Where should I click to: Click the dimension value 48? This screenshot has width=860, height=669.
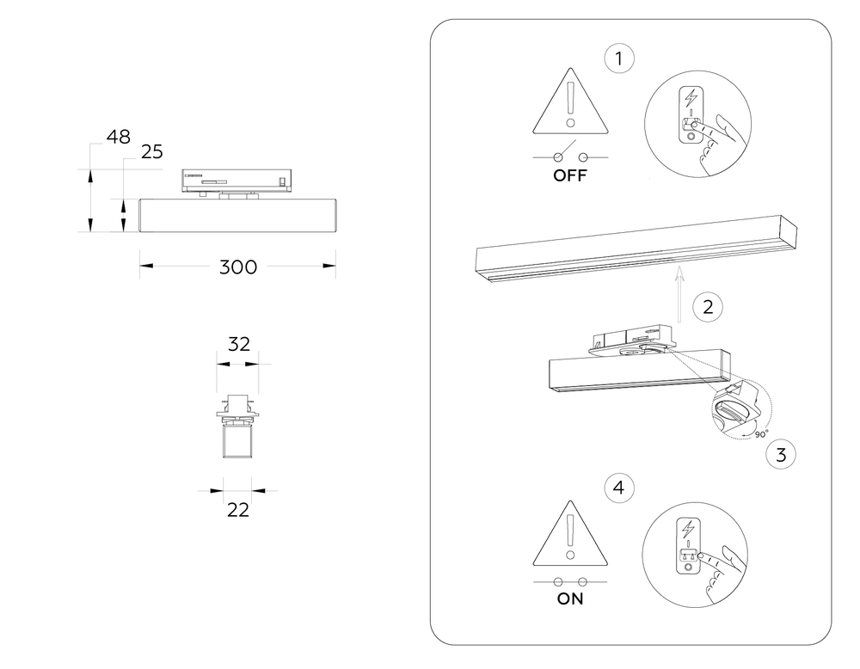coord(119,137)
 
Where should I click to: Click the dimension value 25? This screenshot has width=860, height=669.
coord(151,152)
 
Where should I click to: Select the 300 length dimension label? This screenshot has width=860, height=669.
coord(237,267)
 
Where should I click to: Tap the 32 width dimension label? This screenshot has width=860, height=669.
coord(238,344)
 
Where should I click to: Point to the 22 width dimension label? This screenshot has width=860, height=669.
coord(238,510)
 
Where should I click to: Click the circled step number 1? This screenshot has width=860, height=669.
coord(619,60)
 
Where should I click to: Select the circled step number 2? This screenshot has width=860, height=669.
coord(707,307)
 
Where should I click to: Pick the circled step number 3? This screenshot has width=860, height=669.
coord(780,455)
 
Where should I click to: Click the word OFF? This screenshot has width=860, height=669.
coord(569,176)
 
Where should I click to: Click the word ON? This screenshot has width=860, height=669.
coord(570,599)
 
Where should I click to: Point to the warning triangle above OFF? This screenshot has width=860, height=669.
coord(569,107)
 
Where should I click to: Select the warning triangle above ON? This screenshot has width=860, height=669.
coord(569,537)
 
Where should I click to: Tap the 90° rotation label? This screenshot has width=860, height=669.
coord(761,435)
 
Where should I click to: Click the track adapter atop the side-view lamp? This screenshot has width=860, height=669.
coord(236,180)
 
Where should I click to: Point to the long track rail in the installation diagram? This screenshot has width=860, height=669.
coord(637,249)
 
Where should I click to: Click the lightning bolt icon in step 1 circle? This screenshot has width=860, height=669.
coord(691,97)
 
